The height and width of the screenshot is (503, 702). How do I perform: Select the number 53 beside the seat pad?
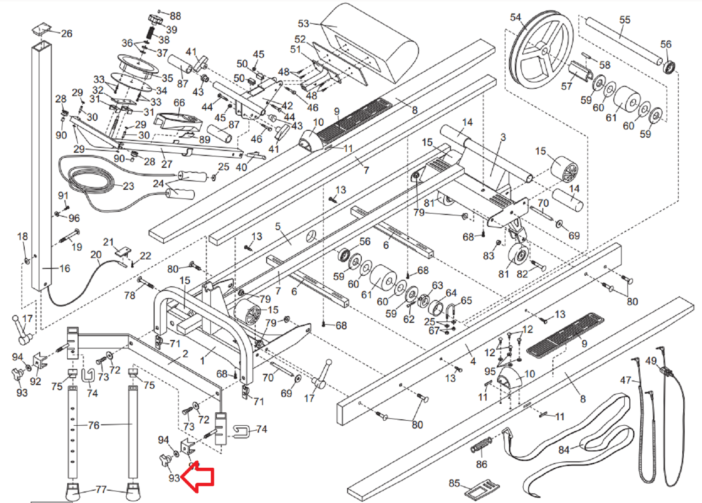(304, 23)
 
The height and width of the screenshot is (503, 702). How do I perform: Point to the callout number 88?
(175, 16)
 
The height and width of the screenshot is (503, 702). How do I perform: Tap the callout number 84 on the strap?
(564, 450)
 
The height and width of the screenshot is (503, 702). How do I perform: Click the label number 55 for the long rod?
(625, 20)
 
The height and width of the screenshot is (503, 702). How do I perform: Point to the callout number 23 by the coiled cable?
(129, 186)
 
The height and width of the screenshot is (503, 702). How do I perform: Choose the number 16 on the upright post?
(65, 268)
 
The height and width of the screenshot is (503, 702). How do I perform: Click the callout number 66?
(179, 103)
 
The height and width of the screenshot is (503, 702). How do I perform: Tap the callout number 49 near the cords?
(651, 361)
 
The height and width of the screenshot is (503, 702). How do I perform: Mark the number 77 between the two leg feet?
(101, 490)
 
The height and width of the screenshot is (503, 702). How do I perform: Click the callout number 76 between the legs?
(94, 425)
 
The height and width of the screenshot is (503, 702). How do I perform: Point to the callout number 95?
(490, 371)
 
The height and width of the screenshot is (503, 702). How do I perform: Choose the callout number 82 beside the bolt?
(522, 274)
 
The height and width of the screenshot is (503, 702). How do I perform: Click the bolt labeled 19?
(69, 237)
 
